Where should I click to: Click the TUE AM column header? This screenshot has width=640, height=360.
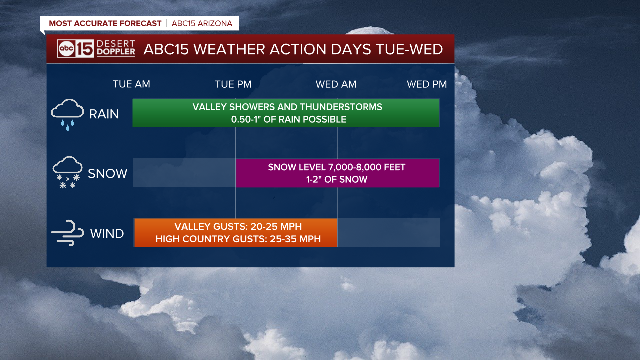point(131,84)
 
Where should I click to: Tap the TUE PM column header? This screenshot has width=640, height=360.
point(233,84)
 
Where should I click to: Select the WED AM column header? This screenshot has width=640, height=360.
point(336,84)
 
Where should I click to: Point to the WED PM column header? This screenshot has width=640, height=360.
point(427,84)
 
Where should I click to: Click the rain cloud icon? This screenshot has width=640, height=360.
point(67,115)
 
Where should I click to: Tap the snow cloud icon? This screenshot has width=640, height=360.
point(67,172)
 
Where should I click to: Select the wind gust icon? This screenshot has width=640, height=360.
point(68,233)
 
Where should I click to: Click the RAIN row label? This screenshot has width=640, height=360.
point(104,114)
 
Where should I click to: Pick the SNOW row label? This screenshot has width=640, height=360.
point(107,173)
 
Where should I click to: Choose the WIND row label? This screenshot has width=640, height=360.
point(107,233)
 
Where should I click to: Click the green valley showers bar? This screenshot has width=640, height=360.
point(286,113)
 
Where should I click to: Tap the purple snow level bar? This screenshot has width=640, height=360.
point(337,173)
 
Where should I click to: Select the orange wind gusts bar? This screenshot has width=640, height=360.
point(235,233)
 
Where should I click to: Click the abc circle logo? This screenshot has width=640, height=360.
point(66,49)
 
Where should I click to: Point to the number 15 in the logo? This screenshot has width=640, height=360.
point(85,49)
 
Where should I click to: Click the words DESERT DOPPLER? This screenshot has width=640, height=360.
point(116,48)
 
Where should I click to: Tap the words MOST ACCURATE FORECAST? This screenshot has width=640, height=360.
point(105,23)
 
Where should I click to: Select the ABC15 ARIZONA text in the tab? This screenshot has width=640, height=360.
point(202,23)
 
